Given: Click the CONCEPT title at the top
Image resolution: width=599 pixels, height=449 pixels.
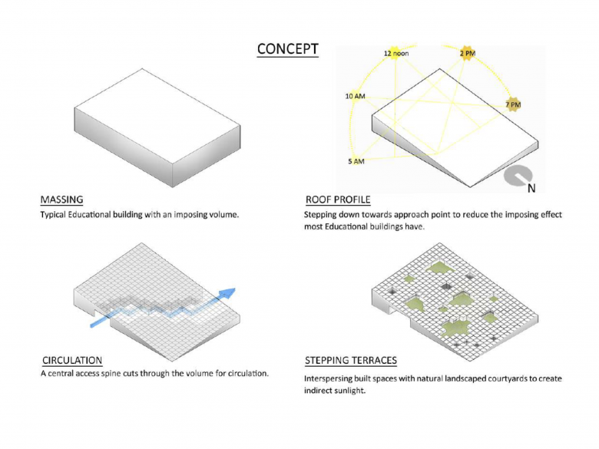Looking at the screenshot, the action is pyautogui.click(x=288, y=49).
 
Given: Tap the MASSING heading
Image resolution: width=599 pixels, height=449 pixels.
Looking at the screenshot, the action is pyautogui.click(x=62, y=200).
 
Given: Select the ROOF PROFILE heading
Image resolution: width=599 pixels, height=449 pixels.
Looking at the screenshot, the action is pyautogui.click(x=338, y=200).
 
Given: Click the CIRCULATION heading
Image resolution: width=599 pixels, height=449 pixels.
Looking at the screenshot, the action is pyautogui.click(x=72, y=361).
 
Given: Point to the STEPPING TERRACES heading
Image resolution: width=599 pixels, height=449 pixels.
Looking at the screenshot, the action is pyautogui.click(x=351, y=361).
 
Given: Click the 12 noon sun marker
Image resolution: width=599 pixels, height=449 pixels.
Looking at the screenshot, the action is pyautogui.click(x=396, y=53).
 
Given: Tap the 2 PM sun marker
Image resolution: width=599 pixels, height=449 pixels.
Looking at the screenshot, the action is pyautogui.click(x=468, y=53).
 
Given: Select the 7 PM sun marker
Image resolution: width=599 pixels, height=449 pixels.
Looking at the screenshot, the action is pyautogui.click(x=513, y=104).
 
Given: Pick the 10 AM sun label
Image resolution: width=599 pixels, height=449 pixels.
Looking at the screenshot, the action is pyautogui.click(x=356, y=96).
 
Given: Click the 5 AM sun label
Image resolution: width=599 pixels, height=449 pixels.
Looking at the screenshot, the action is pyautogui.click(x=356, y=161).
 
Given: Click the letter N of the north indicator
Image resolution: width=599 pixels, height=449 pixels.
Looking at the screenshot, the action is pyautogui.click(x=531, y=188).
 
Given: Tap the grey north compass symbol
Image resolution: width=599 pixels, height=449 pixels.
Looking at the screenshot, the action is pyautogui.click(x=518, y=177).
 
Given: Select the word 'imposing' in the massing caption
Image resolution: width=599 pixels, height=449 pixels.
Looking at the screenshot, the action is pyautogui.click(x=190, y=215).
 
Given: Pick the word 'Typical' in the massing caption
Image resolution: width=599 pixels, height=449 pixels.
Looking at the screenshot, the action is pyautogui.click(x=53, y=215).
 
